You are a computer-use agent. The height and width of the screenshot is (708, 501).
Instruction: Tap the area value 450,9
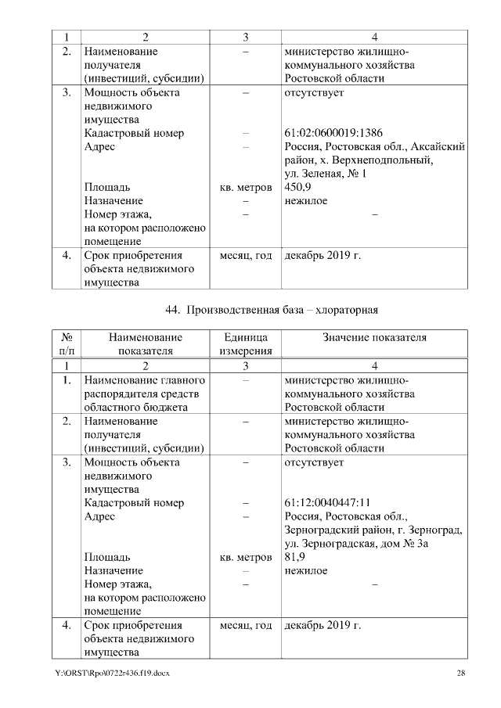298,188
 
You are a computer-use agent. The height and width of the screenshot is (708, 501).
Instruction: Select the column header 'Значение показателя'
375,337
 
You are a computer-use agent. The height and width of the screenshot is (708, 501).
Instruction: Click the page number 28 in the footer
462,674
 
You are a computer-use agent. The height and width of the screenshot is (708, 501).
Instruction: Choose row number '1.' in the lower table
67,380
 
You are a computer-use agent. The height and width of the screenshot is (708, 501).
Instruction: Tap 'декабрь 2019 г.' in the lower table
323,626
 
